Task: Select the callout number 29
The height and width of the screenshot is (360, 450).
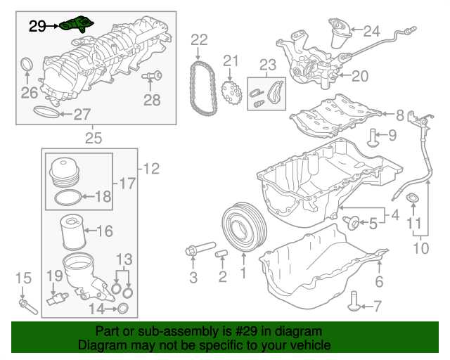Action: coord(37,27)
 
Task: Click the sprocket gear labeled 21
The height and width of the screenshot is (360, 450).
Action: coord(231,92)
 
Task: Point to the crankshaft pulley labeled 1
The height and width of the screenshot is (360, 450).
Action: coord(245,227)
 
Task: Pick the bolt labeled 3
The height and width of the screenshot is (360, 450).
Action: coord(200,248)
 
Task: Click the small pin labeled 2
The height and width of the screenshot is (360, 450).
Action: coord(221,254)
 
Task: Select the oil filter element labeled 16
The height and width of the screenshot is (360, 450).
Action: coord(73,232)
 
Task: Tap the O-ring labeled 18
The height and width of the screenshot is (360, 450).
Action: coord(68,198)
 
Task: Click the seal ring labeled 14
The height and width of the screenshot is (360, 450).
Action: coord(123,309)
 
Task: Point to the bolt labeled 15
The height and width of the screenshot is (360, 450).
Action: coord(28,307)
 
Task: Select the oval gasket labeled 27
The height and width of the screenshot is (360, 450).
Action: coord(46,111)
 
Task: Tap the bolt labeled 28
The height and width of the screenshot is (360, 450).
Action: coord(152,76)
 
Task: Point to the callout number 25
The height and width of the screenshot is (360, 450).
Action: coord(94,138)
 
